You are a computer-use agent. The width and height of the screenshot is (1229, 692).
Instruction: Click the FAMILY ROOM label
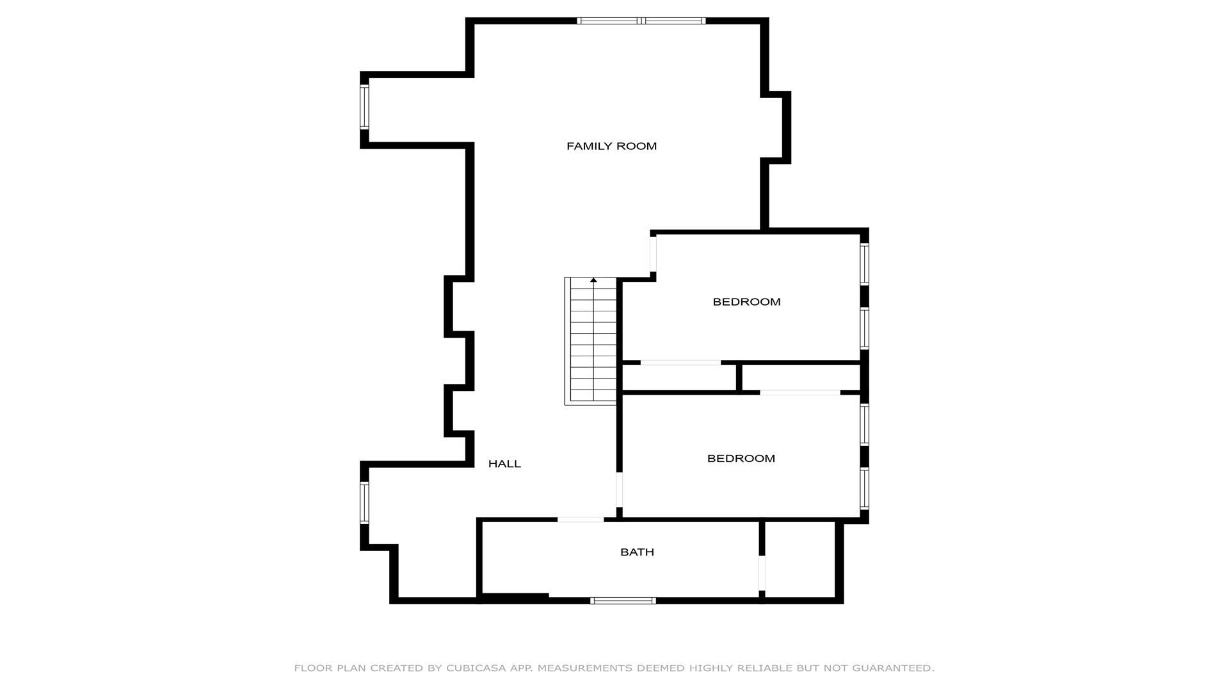point(611,146)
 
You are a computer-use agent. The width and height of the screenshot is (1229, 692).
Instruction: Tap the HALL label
point(504,464)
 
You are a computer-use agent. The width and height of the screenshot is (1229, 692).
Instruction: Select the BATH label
point(637,552)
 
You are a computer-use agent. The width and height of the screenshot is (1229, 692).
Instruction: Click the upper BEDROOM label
point(746,302)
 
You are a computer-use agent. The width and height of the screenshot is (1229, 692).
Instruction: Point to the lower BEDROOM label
point(741,459)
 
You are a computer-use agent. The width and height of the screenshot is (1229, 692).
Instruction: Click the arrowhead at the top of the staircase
point(593,280)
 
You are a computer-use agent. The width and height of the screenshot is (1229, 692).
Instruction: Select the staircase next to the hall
point(590,341)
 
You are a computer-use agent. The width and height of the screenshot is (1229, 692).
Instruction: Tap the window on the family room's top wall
point(641,21)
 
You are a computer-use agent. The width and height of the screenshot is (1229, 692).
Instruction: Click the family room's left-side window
point(364,107)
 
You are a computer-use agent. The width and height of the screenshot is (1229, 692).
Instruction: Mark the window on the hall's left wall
point(364,503)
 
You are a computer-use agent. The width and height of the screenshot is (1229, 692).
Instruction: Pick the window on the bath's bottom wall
point(623,600)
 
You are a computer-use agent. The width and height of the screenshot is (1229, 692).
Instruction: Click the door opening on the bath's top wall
point(581,520)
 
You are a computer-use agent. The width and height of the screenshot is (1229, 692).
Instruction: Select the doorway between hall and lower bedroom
point(619,490)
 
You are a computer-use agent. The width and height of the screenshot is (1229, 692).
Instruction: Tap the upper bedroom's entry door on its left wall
point(653,254)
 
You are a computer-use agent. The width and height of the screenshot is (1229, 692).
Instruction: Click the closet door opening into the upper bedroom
point(680,363)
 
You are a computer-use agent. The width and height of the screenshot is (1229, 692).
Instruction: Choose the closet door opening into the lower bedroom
point(800,392)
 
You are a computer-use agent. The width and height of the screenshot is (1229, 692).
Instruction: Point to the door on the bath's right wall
point(762,573)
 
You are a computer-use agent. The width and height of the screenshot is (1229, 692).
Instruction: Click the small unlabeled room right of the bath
point(800,559)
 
